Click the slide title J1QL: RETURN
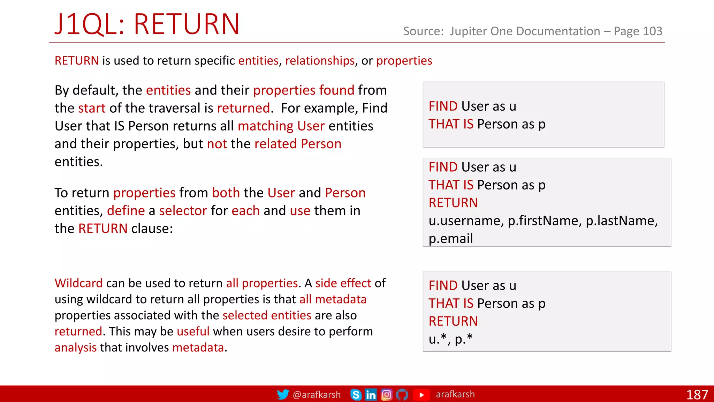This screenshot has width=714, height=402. (x=147, y=24)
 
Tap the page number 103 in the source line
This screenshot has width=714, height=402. (x=652, y=31)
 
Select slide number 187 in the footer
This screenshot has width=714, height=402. (x=697, y=395)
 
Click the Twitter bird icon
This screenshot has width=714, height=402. (x=283, y=394)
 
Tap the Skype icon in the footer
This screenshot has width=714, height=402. (x=356, y=395)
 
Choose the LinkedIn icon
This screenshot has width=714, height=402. (x=371, y=395)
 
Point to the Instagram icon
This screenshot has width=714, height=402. (x=386, y=395)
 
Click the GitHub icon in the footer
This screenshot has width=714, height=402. (x=402, y=395)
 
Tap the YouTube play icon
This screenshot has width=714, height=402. (x=421, y=395)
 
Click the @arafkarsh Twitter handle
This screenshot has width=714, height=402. (x=317, y=395)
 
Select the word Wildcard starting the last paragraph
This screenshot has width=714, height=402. (x=78, y=283)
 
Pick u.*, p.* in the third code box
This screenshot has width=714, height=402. (x=450, y=339)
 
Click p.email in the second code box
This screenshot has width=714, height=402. (x=450, y=239)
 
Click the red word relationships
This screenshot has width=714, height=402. (x=320, y=61)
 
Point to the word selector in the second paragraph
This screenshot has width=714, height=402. (x=183, y=211)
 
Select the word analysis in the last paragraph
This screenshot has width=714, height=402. (x=75, y=348)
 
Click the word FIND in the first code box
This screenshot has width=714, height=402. (x=443, y=106)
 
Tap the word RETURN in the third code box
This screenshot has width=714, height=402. (x=453, y=321)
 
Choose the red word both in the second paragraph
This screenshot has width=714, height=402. (x=226, y=193)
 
